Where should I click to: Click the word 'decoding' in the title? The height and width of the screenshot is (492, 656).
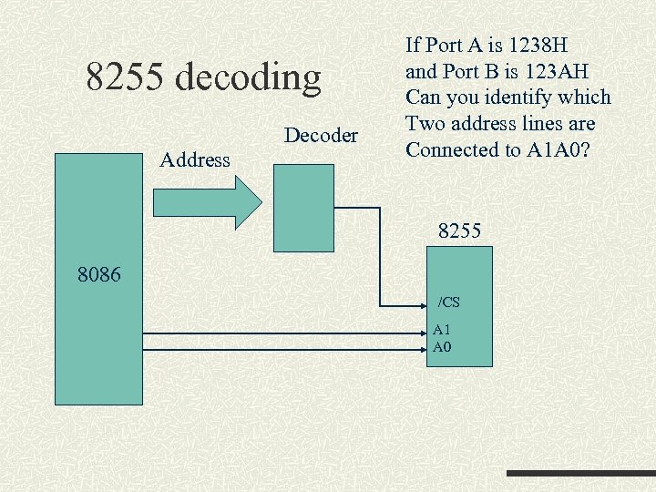click(248, 78)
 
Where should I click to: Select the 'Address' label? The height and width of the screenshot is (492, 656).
click(194, 160)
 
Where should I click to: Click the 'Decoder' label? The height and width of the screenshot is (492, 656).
click(321, 136)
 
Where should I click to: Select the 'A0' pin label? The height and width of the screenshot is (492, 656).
click(442, 346)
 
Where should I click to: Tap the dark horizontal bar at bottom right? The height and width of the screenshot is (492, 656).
click(579, 474)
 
